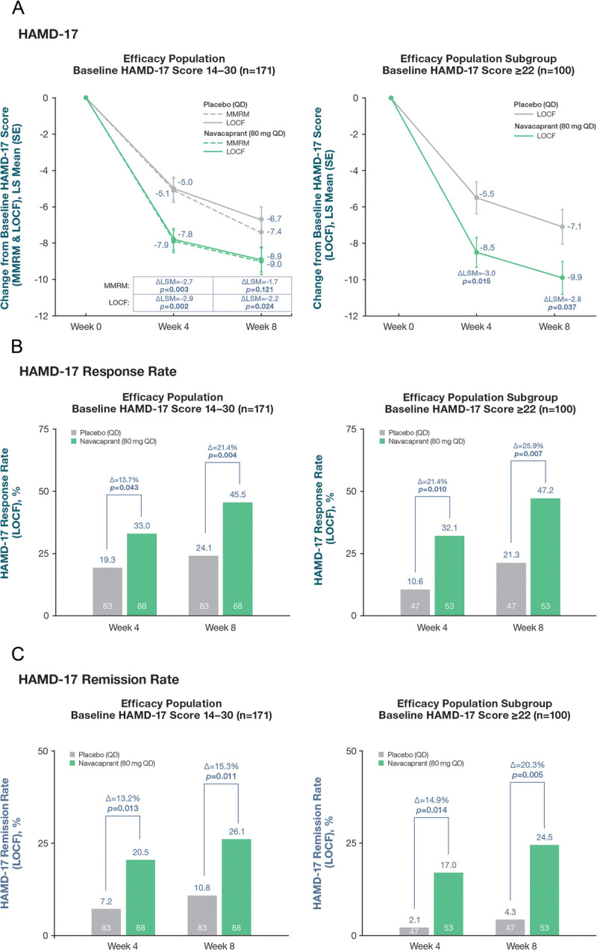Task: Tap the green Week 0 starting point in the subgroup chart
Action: (x=390, y=98)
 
